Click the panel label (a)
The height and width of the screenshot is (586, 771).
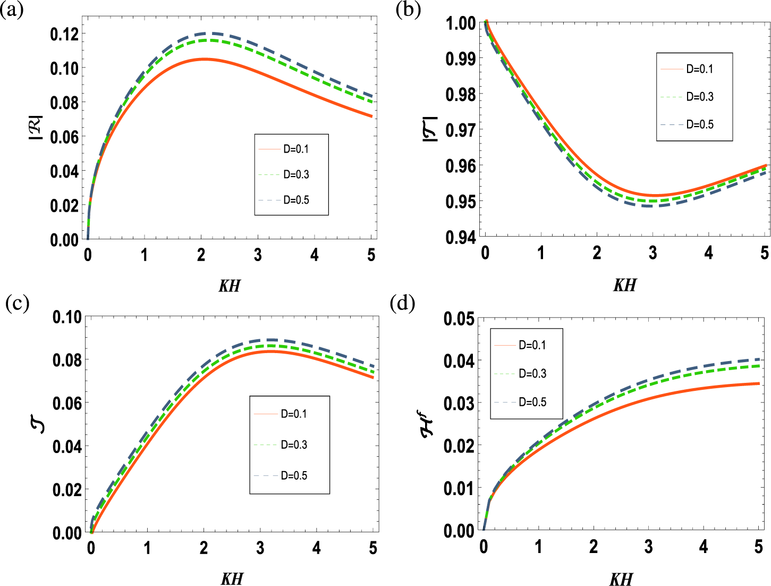12,10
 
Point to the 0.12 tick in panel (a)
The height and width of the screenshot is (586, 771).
64,34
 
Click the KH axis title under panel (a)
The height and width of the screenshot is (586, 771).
230,286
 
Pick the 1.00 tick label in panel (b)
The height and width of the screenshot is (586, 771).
461,23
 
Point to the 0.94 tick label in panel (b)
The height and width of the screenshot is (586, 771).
461,237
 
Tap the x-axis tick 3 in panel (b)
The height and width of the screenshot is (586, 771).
653,254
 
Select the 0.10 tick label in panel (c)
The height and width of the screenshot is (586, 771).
67,317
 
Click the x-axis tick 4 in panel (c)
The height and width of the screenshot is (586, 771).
317,548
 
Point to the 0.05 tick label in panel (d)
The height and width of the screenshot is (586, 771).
459,319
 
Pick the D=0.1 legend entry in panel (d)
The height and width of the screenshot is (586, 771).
532,345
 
